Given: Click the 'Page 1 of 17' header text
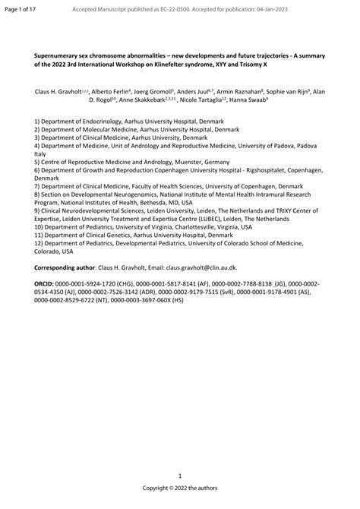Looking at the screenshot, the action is click(21, 8).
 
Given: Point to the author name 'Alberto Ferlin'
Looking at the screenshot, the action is click(110, 90).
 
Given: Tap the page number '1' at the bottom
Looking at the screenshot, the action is click(179, 475).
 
